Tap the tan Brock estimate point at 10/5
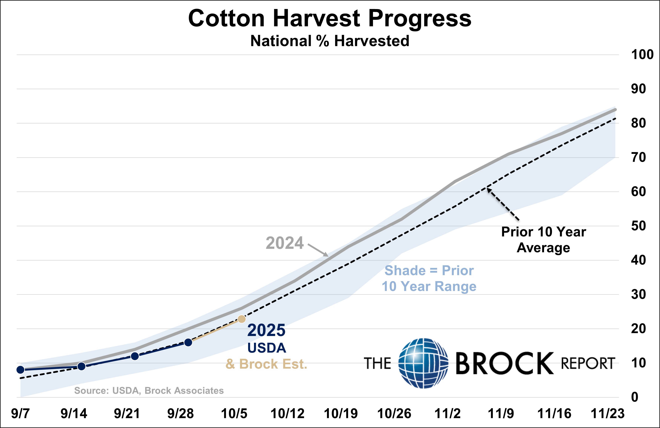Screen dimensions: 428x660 tap(242, 319)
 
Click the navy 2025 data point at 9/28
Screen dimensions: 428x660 tap(188, 342)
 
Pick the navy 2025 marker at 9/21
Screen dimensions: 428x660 tap(135, 356)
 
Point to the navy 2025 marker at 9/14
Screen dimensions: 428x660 tap(81, 366)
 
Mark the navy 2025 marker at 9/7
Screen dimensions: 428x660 tap(20, 370)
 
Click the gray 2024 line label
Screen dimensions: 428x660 tap(285, 243)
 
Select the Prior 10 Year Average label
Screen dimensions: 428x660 tap(543, 239)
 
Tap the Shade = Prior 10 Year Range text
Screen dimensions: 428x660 tap(429, 278)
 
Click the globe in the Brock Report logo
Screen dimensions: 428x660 tap(423, 363)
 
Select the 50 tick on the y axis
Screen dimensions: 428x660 tap(638, 226)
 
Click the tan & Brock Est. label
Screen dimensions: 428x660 tap(266, 364)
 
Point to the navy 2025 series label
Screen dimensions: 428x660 tap(266, 330)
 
